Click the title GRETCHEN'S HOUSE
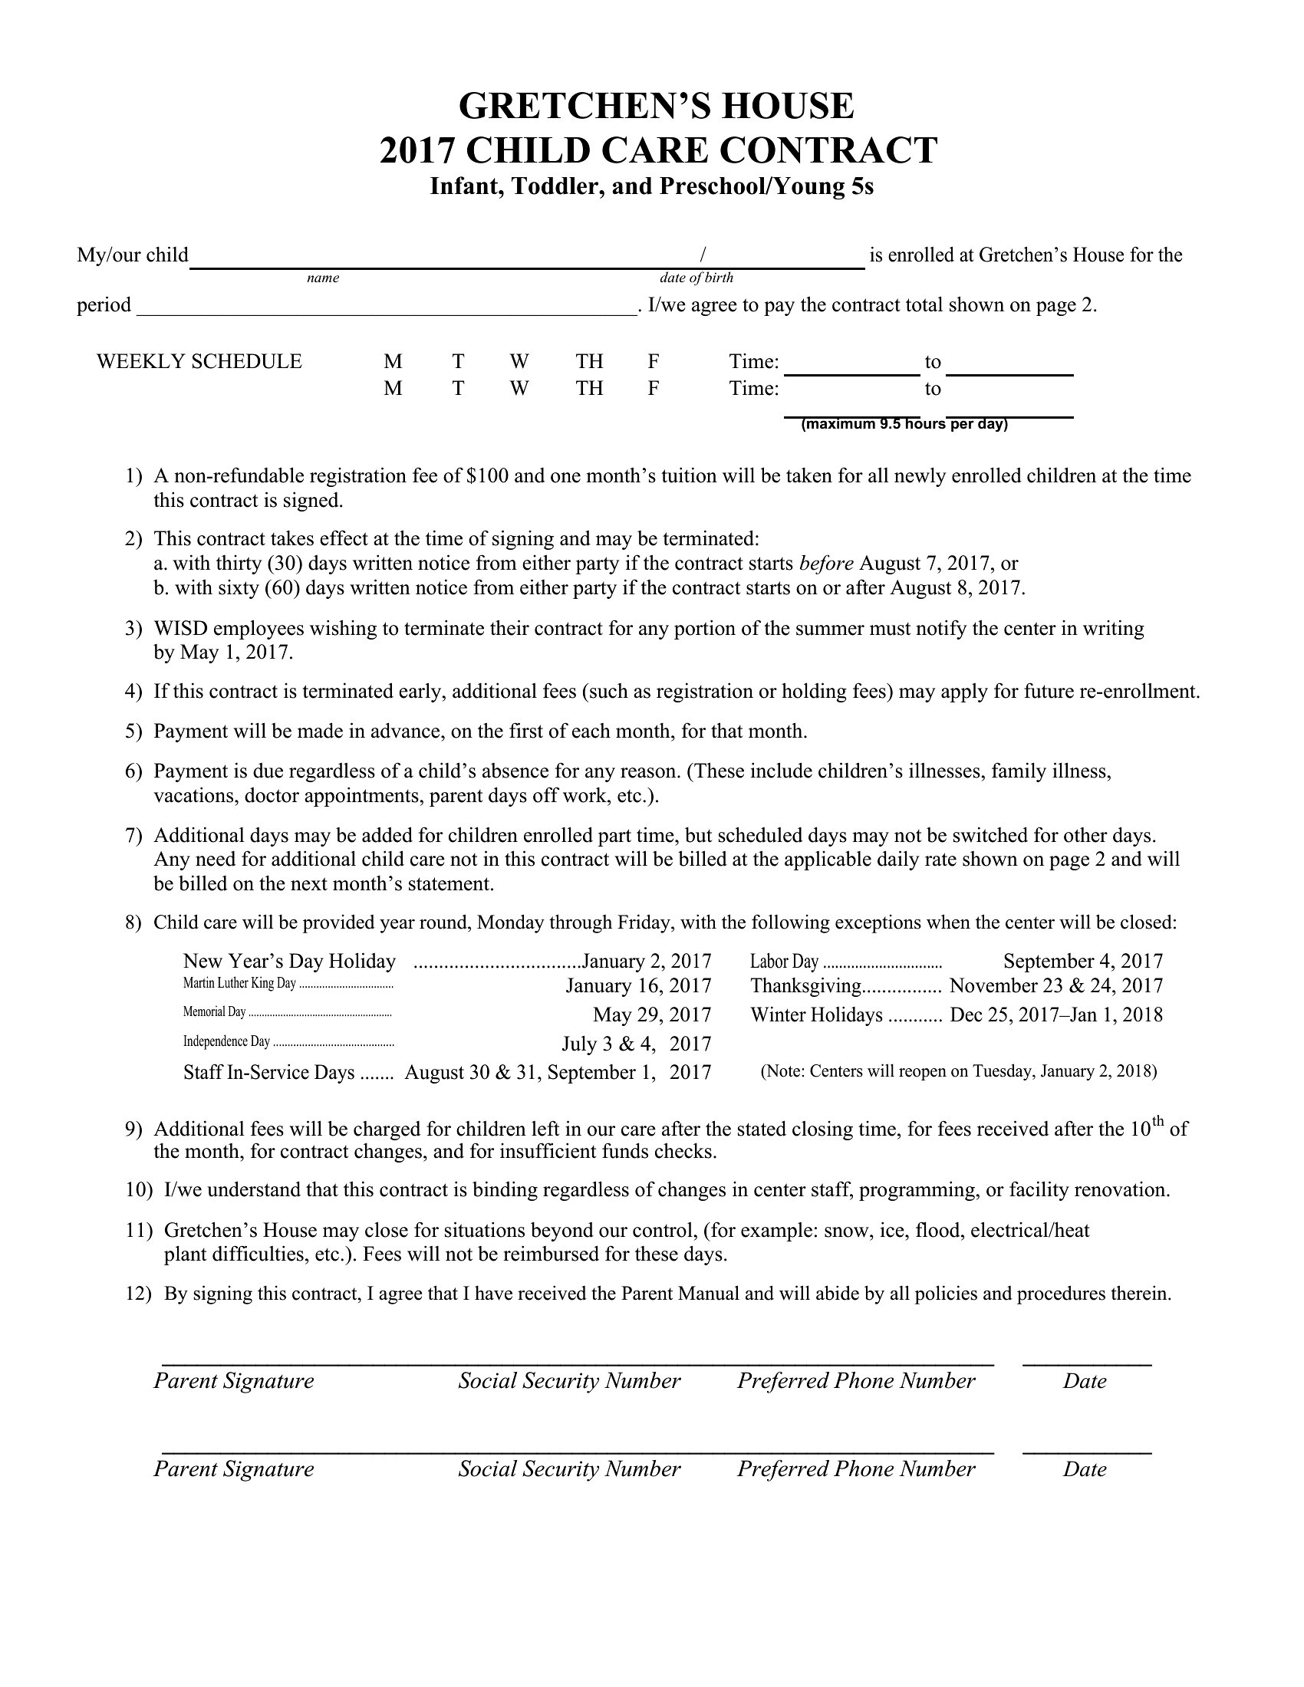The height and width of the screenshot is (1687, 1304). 656,106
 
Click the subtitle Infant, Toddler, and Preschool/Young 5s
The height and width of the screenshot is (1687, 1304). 651,187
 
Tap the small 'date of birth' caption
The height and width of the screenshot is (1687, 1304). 696,278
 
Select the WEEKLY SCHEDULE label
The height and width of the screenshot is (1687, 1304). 199,361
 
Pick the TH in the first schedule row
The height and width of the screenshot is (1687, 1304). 588,361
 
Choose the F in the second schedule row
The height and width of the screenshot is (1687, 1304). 653,388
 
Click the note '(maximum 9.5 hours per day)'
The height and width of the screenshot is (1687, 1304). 904,424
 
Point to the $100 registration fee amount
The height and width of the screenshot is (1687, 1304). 487,476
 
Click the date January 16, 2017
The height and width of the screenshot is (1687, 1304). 638,985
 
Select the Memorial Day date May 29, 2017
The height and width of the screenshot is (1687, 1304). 651,1015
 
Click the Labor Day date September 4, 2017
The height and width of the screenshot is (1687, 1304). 1082,961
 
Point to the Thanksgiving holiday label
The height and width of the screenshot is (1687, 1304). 805,985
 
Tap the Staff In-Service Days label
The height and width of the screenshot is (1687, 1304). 268,1072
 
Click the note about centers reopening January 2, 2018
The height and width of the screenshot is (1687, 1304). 958,1071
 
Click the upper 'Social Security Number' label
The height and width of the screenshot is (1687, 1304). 569,1381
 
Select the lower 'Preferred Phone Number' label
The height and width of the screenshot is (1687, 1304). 856,1468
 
